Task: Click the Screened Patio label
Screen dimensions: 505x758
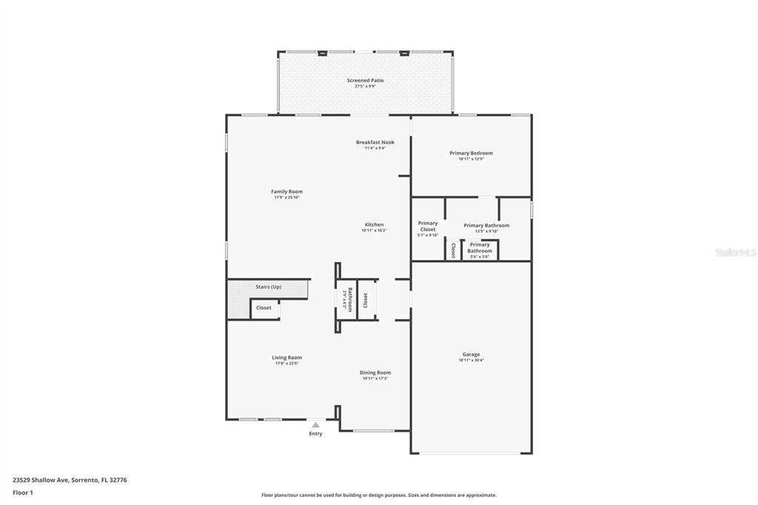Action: [x=365, y=80]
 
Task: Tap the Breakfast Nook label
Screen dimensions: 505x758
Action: [x=375, y=142]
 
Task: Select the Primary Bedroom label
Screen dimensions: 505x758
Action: [x=471, y=153]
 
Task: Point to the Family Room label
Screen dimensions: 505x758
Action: [x=286, y=192]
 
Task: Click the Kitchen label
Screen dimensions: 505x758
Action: [x=374, y=224]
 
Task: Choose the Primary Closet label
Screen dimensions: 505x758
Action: [x=428, y=226]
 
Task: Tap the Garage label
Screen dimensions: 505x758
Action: [x=471, y=355]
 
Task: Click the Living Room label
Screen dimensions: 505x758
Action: [x=286, y=358]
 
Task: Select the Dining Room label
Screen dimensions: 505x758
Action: [x=375, y=372]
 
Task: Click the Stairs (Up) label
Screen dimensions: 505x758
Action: [x=268, y=287]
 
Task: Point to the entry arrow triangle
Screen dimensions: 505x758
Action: [x=315, y=425]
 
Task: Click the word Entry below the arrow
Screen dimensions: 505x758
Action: [x=315, y=434]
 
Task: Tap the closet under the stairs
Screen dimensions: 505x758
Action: [x=264, y=308]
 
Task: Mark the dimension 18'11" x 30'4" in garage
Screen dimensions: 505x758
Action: [x=471, y=361]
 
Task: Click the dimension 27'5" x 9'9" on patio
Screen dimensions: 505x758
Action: [x=365, y=86]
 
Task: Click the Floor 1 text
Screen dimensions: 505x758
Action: [x=23, y=492]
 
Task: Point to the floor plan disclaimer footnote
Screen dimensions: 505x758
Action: [x=378, y=495]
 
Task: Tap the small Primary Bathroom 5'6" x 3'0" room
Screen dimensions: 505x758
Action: [x=480, y=250]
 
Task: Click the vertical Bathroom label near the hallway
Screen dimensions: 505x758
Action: [x=347, y=299]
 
